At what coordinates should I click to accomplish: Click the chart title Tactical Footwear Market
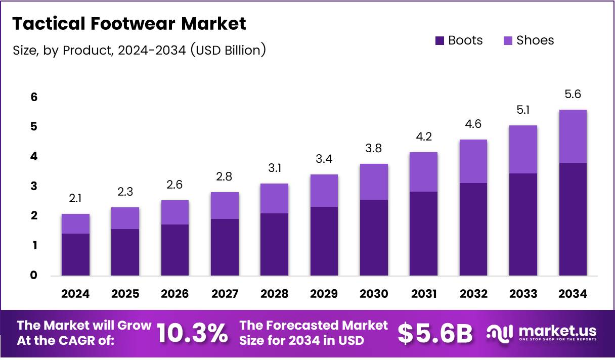[x=129, y=24]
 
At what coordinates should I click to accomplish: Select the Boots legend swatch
[x=440, y=40]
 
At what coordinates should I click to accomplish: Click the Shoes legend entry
[x=529, y=40]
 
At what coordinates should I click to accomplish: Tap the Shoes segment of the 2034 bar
[x=573, y=136]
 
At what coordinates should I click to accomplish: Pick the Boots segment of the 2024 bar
[x=75, y=254]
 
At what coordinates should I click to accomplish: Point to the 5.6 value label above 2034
[x=573, y=95]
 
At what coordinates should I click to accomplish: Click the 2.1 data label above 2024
[x=75, y=199]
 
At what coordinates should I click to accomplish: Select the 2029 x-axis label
[x=324, y=294]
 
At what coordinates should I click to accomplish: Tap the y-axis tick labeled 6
[x=34, y=97]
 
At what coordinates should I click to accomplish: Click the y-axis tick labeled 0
[x=34, y=276]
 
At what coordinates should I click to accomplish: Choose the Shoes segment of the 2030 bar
[x=374, y=182]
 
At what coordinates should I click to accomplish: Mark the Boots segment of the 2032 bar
[x=473, y=229]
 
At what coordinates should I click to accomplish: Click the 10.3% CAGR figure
[x=192, y=333]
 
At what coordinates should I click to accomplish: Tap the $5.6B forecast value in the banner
[x=435, y=333]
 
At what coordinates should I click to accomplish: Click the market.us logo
[x=541, y=333]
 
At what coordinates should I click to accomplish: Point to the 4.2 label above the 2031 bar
[x=423, y=137]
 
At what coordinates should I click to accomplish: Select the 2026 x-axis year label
[x=175, y=294]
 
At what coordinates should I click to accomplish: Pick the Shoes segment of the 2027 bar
[x=225, y=205]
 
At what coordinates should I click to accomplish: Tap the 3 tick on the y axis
[x=34, y=187]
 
